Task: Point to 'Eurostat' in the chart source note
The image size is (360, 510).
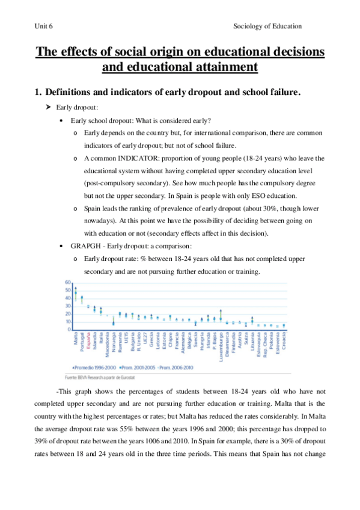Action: pos(135,376)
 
